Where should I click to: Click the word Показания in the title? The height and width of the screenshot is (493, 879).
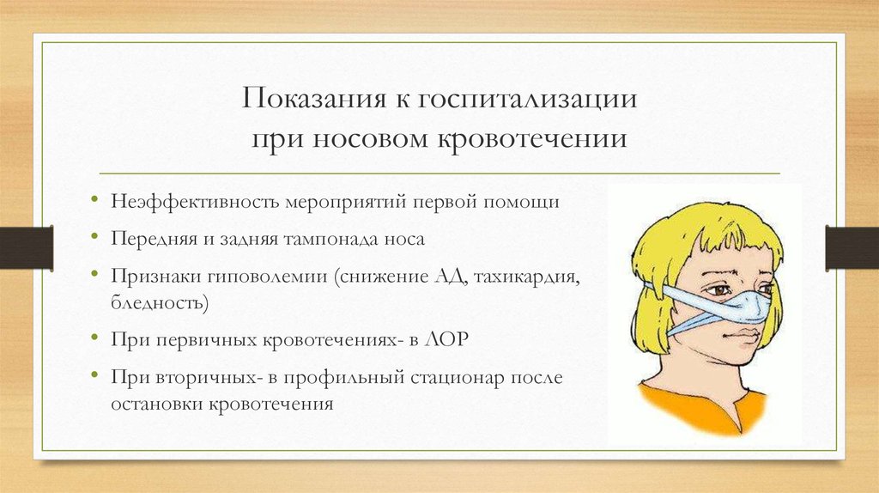[x=314, y=99]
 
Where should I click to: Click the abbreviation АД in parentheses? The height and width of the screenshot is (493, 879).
[x=450, y=277]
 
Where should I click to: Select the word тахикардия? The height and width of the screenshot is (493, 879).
[x=526, y=277]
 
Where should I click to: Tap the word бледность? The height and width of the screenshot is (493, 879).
[x=159, y=303]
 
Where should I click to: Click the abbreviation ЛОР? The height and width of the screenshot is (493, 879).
[x=446, y=339]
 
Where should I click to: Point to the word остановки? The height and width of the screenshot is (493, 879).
[x=158, y=404]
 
